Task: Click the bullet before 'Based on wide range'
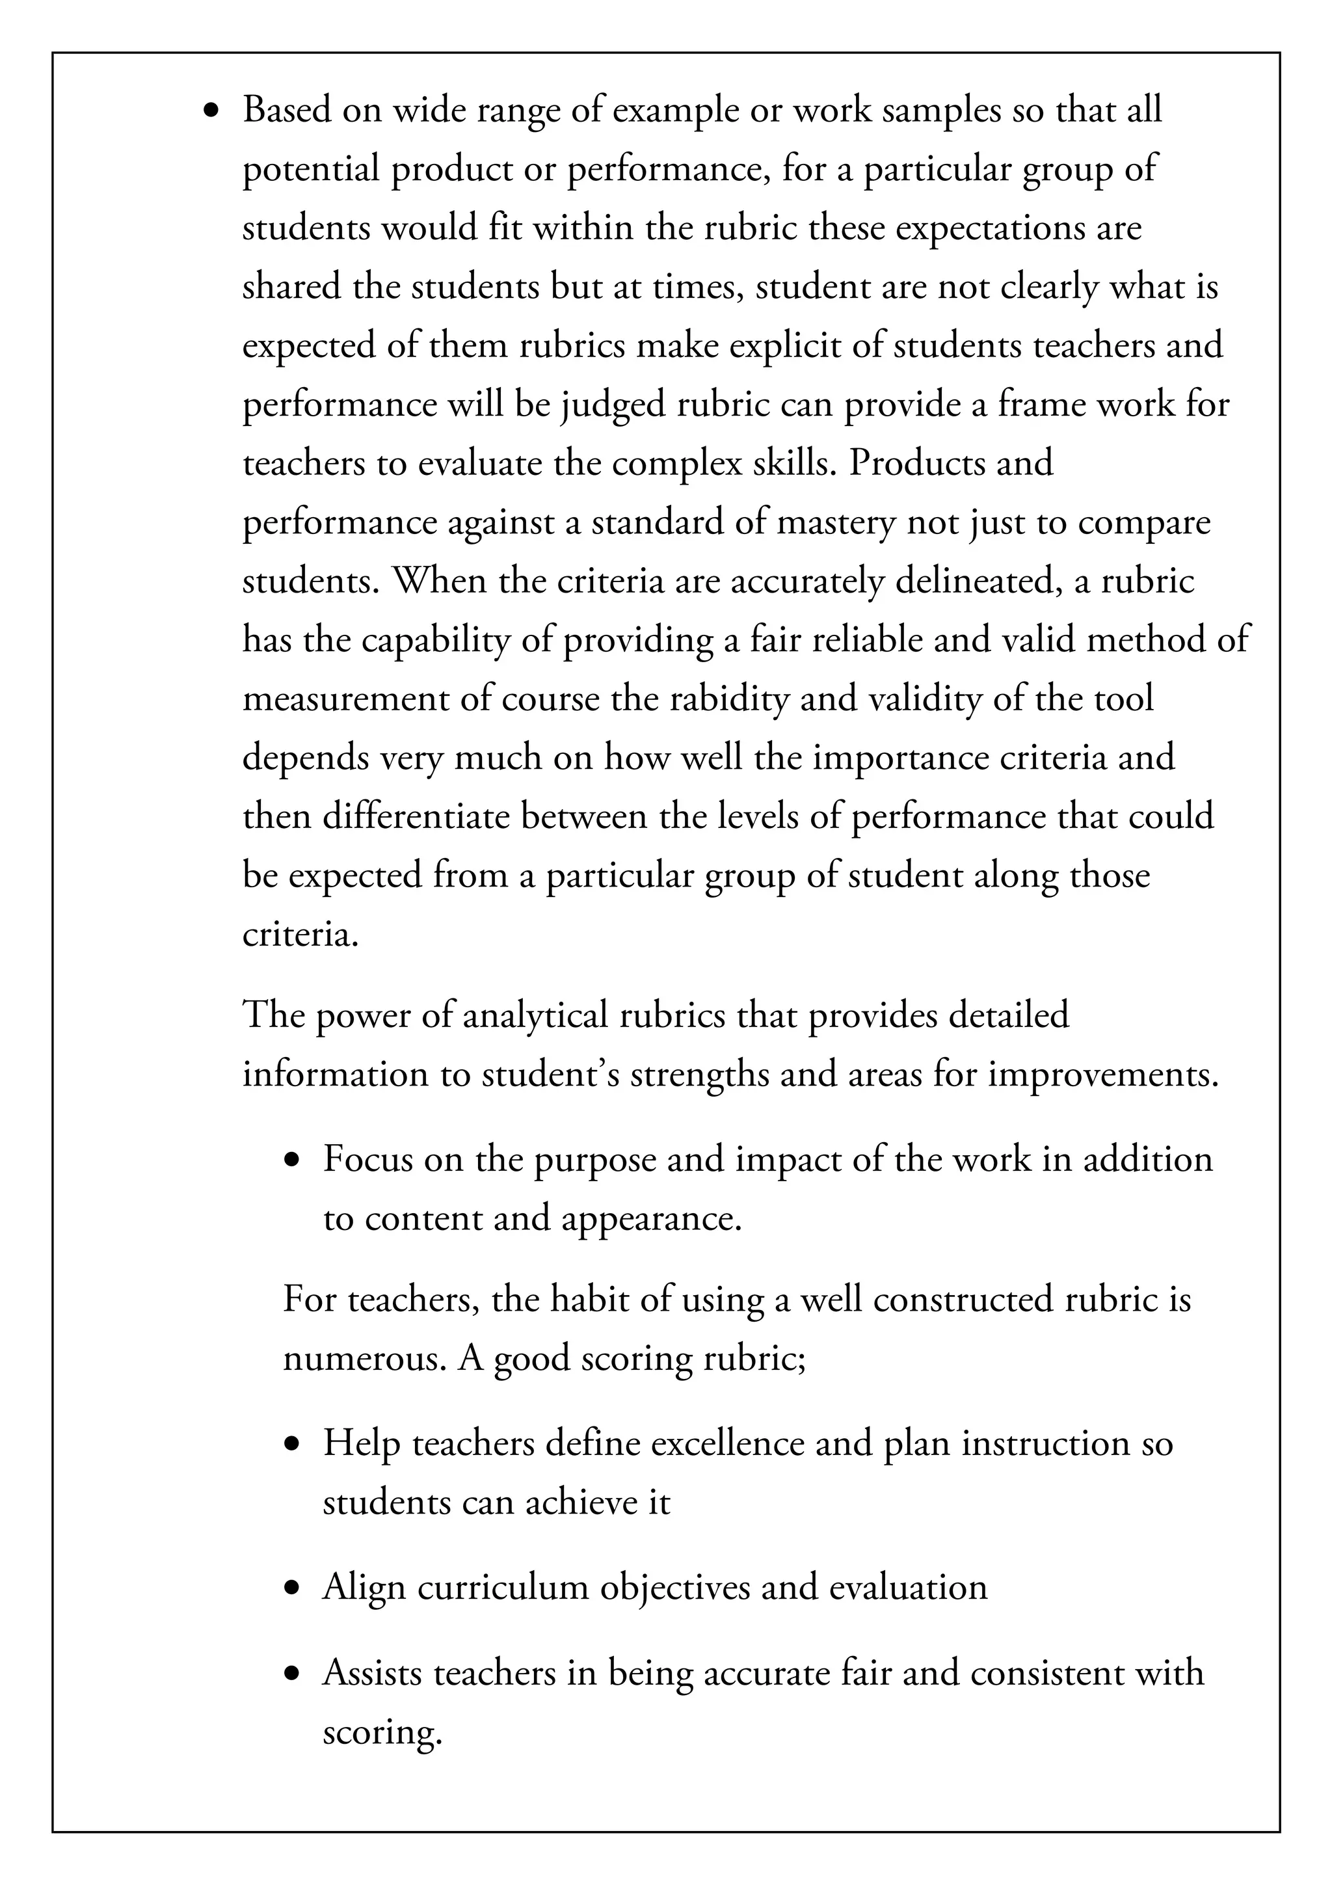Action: click(213, 112)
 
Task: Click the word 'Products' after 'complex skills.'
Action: click(916, 464)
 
